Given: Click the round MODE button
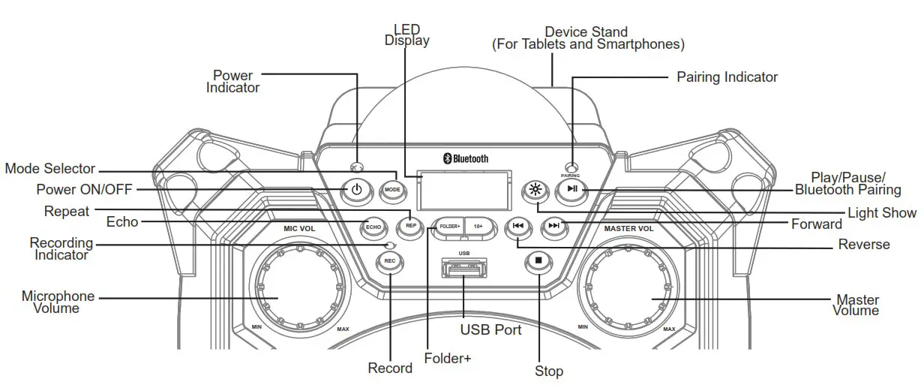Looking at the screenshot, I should pyautogui.click(x=392, y=190).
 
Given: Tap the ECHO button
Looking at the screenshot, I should pyautogui.click(x=373, y=226).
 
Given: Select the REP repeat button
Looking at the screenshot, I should pyautogui.click(x=410, y=225).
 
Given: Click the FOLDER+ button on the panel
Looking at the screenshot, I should pyautogui.click(x=448, y=225).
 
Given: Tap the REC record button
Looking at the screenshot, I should pyautogui.click(x=388, y=261).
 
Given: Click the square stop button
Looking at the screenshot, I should pyautogui.click(x=538, y=261).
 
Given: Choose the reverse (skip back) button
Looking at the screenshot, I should pyautogui.click(x=517, y=225).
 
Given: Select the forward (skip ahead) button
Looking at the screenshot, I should pyautogui.click(x=554, y=225).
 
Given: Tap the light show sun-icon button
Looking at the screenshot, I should pyautogui.click(x=534, y=189).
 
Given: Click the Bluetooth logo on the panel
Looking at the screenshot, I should pyautogui.click(x=464, y=158).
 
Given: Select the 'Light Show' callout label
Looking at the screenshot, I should pyautogui.click(x=882, y=213).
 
